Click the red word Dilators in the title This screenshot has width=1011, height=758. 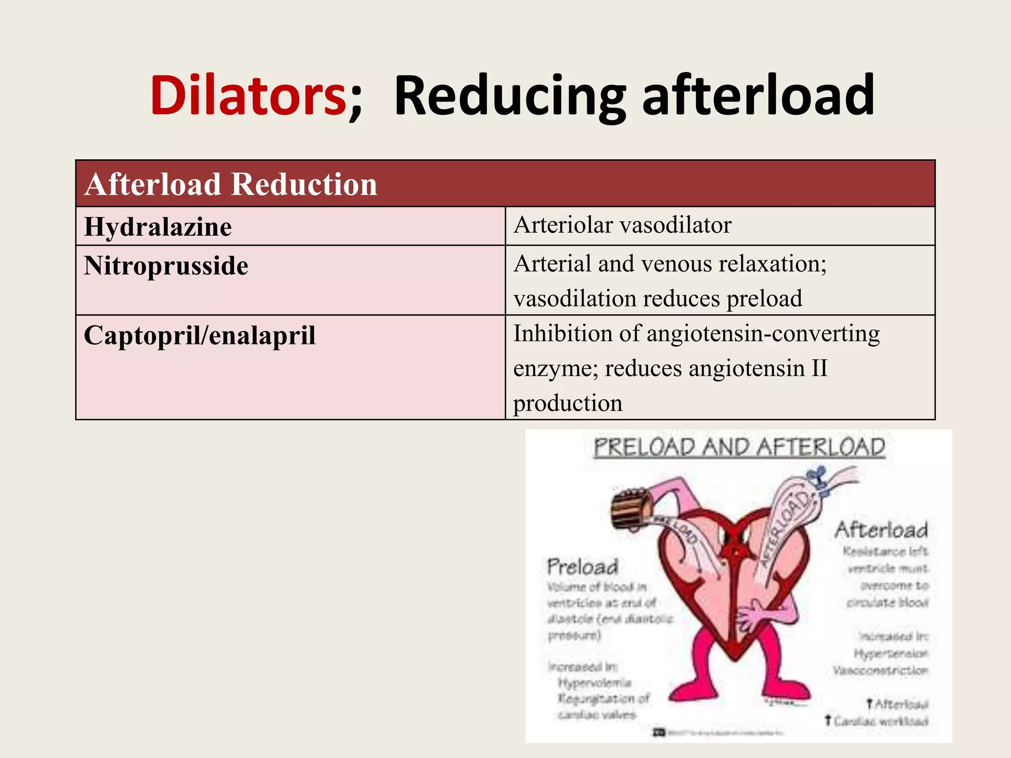point(248,95)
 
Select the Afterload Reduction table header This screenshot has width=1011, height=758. point(231,184)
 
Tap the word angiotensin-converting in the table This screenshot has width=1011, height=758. point(763,334)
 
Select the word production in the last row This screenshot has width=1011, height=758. point(568,403)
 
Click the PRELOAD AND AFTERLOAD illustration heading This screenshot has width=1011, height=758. point(739,448)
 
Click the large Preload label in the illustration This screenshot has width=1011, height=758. point(583,567)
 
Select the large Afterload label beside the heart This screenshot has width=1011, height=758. point(881,530)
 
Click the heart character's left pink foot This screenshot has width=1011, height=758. point(694,688)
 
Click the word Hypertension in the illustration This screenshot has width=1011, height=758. point(891,653)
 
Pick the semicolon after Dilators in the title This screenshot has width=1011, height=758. point(355,101)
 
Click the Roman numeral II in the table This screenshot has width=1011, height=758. point(819,369)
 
